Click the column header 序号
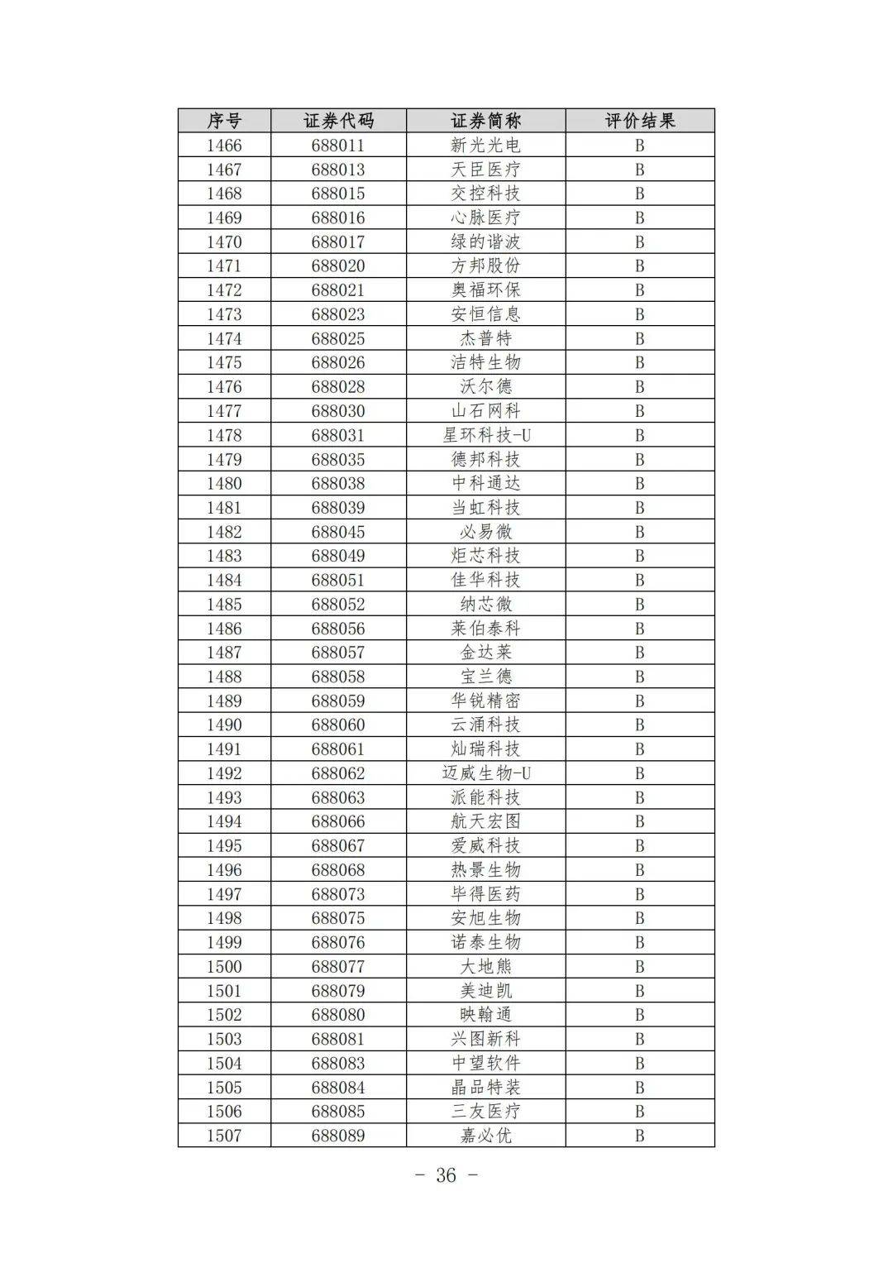pos(224,121)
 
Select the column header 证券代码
pos(338,121)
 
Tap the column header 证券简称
pos(485,121)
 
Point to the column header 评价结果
pos(639,121)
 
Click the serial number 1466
pos(224,146)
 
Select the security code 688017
pos(338,242)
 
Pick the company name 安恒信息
pos(485,314)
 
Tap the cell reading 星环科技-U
pos(485,435)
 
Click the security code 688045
pos(338,532)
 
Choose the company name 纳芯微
pos(485,604)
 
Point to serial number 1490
pos(224,725)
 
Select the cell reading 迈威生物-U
pos(485,773)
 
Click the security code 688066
pos(338,821)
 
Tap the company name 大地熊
pos(485,966)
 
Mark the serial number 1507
pos(224,1136)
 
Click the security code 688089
pos(338,1136)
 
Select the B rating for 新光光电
pos(639,146)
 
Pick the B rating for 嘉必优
pos(639,1136)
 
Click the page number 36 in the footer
pos(446,1175)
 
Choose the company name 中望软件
pos(485,1063)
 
